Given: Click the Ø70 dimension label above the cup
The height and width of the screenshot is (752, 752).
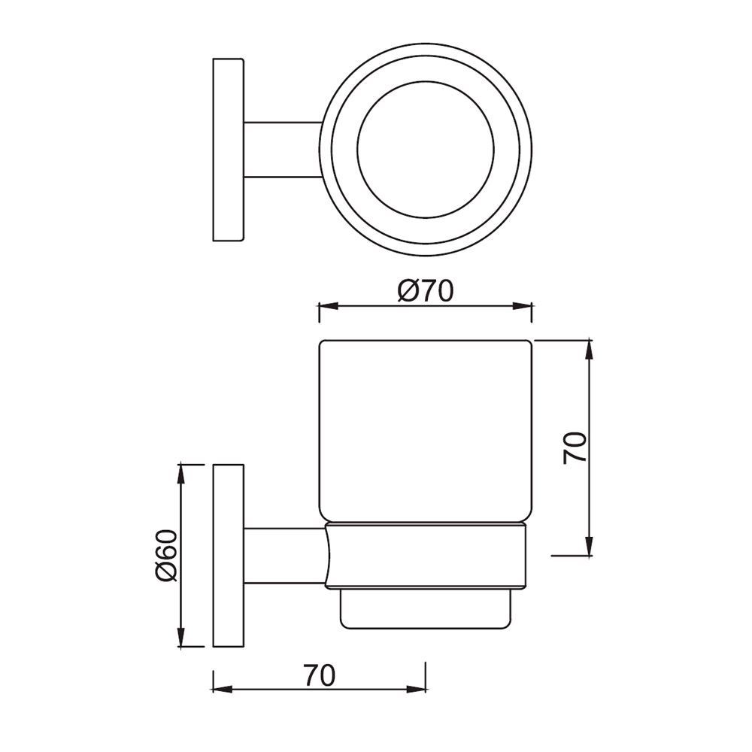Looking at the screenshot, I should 426,290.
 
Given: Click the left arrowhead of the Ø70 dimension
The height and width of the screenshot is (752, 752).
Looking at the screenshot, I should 325,306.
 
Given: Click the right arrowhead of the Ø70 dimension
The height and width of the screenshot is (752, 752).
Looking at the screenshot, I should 527,306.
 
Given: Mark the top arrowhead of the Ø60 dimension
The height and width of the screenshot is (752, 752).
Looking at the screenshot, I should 181,471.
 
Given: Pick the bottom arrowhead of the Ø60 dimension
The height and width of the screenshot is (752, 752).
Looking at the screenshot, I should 181,640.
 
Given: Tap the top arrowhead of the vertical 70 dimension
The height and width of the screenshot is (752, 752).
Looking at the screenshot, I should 591,347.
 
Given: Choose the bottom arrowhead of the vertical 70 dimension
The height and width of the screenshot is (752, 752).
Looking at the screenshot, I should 591,550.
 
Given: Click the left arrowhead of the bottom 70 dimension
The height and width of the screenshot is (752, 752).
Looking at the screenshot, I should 219,688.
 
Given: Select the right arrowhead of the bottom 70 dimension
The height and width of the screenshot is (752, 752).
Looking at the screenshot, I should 420,688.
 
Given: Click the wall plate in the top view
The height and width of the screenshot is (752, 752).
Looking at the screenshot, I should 229,150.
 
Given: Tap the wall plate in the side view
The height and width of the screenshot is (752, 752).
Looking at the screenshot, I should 229,556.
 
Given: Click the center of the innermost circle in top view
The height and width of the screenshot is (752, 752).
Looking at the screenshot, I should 426,150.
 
